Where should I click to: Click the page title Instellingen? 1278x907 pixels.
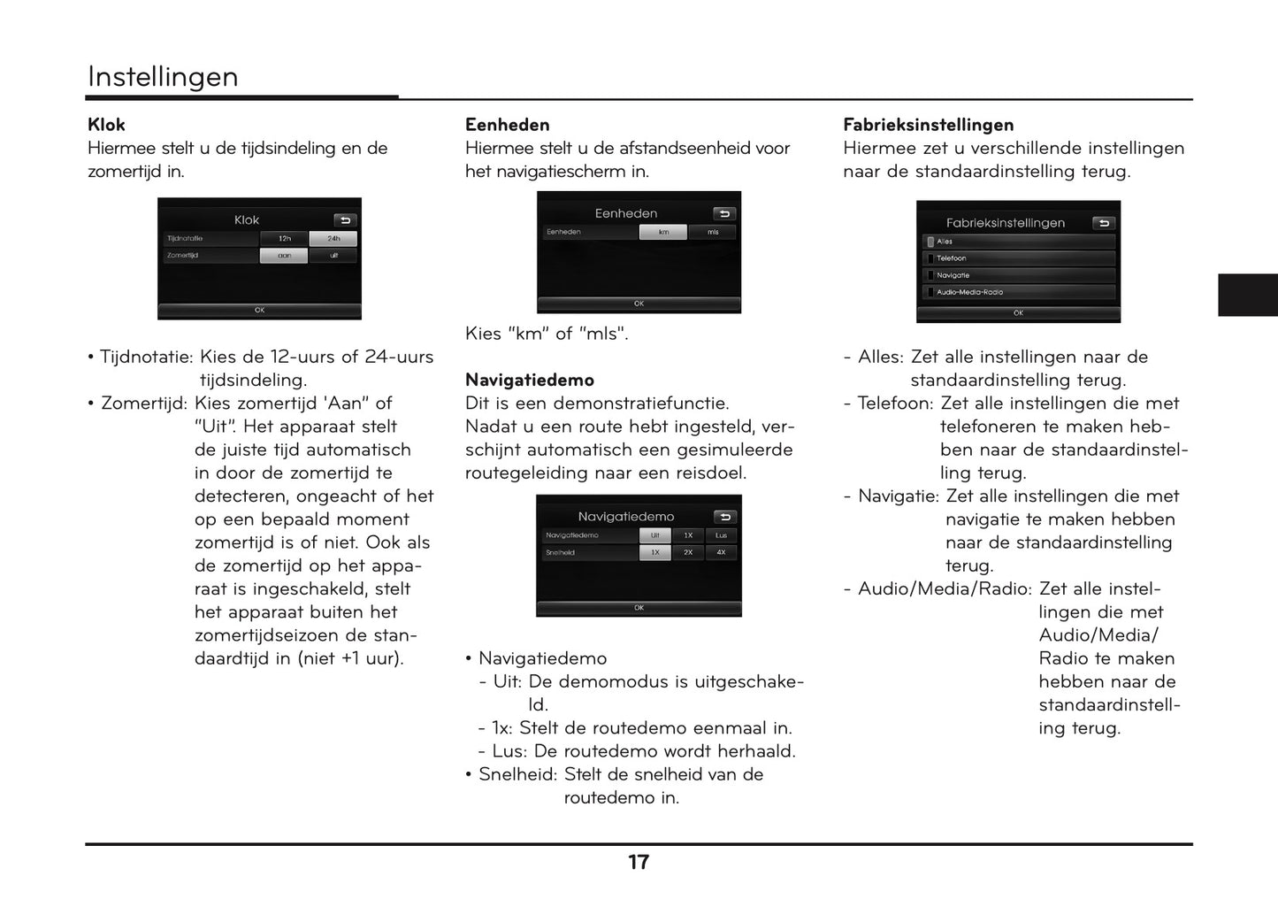point(163,77)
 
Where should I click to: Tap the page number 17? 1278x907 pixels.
point(639,863)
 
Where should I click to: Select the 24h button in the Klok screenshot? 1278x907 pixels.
point(333,239)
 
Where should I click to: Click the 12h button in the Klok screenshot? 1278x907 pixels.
point(284,239)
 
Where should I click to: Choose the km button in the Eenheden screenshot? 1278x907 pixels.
point(663,232)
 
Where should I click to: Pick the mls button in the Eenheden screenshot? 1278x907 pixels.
point(713,232)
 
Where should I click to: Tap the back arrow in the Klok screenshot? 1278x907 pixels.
point(345,220)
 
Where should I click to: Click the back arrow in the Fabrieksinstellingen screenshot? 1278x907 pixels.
point(1103,224)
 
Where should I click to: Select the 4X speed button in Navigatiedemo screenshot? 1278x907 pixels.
point(721,552)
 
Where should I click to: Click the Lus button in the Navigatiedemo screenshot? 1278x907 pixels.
point(721,535)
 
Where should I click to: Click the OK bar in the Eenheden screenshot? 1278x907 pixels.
point(639,304)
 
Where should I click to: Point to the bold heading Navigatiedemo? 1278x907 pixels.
point(530,380)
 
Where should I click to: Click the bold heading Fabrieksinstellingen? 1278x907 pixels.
point(928,125)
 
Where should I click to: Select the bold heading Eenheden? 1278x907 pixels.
point(508,125)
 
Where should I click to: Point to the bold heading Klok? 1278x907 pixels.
point(106,125)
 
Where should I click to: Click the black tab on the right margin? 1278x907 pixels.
point(1247,295)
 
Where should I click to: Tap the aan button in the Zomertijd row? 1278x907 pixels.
point(284,256)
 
